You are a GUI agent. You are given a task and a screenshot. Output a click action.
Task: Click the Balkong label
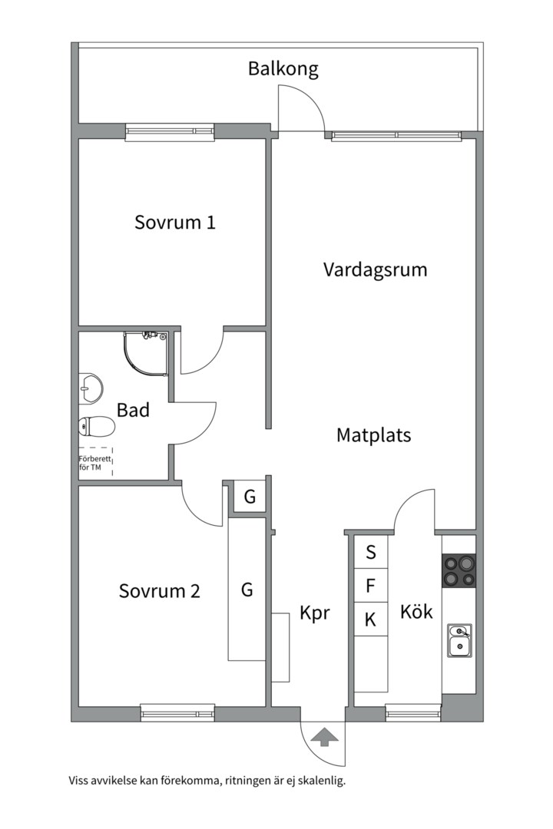click(283, 69)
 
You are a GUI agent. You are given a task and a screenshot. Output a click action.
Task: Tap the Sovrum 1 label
click(175, 222)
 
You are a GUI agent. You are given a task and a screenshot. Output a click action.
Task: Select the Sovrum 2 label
click(159, 590)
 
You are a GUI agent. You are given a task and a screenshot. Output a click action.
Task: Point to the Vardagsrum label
click(375, 270)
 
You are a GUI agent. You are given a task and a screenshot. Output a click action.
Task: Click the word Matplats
click(373, 435)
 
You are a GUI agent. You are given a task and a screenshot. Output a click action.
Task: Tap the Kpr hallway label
click(314, 613)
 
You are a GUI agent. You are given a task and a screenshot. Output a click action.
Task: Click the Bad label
click(133, 410)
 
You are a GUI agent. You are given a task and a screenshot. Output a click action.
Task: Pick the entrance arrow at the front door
click(325, 736)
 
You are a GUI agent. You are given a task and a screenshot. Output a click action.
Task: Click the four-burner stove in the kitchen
click(459, 570)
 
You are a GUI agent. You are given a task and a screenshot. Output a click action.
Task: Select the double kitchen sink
click(459, 640)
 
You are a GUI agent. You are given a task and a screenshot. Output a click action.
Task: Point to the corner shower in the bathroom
click(146, 354)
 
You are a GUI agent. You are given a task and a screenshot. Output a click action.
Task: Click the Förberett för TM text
click(94, 463)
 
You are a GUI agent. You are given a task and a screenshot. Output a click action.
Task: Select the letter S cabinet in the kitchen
click(370, 552)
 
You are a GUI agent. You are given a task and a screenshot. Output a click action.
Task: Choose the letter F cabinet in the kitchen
click(370, 585)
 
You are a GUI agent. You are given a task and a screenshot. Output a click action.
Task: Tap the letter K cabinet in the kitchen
click(370, 619)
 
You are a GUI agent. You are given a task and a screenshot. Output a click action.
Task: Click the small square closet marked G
click(250, 497)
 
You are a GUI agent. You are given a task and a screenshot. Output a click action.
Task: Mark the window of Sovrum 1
click(170, 131)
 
